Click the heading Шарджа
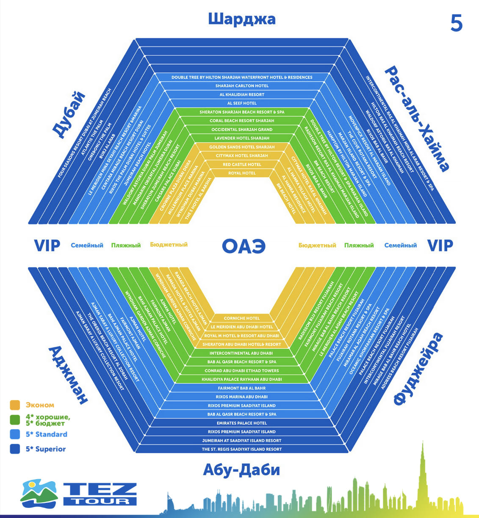(x=241, y=19)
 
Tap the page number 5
(x=456, y=23)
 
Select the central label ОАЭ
(x=244, y=245)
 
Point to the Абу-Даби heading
(x=241, y=470)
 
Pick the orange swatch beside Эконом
(x=15, y=405)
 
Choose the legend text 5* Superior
(x=45, y=449)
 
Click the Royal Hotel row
(x=242, y=173)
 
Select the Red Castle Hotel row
(x=242, y=164)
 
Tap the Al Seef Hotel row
(x=242, y=103)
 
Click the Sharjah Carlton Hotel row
(x=242, y=86)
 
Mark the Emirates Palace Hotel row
(x=242, y=423)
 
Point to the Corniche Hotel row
(x=242, y=318)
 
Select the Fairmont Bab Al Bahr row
(x=242, y=388)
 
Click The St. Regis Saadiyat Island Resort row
(x=242, y=449)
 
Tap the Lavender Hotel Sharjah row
(x=242, y=138)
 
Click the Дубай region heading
(x=69, y=114)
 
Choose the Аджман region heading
(x=68, y=375)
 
